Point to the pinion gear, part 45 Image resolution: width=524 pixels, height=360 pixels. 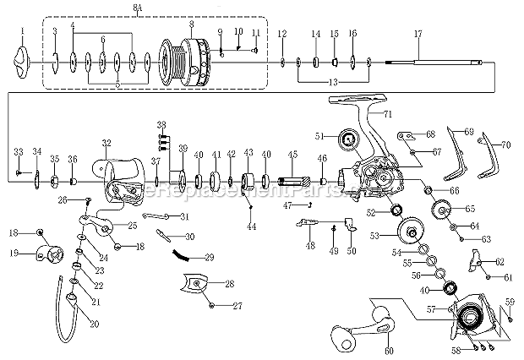pos(292,181)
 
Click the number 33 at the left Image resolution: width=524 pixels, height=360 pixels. pos(18,151)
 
